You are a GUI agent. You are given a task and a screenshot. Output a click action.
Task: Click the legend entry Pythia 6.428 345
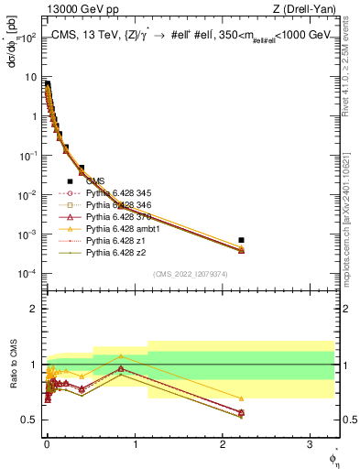coord(115,193)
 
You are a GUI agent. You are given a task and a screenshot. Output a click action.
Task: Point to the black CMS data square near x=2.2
coord(241,240)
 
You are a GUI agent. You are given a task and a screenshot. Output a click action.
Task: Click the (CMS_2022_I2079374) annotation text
coord(191,273)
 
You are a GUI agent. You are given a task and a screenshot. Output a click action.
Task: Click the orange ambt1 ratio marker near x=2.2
coord(241,398)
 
